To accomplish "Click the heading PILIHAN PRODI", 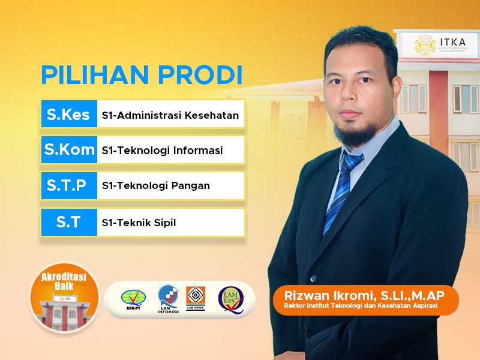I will (142, 74).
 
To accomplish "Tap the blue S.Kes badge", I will (68, 115).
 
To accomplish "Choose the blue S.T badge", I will (68, 222).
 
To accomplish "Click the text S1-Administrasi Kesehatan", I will (170, 115).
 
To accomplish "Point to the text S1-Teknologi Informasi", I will (162, 151).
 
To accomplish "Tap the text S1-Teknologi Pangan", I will (156, 186).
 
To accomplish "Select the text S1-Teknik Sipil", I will (139, 223).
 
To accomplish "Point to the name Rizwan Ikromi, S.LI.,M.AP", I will (364, 295).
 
